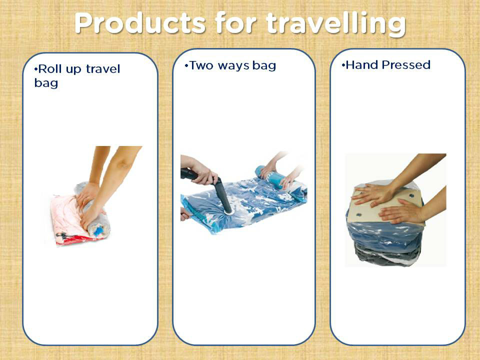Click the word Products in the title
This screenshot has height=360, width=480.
click(140, 22)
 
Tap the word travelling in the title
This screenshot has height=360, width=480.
click(336, 24)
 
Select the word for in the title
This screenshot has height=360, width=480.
click(235, 22)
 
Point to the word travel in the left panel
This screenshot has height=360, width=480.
click(103, 69)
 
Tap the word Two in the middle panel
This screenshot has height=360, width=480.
click(201, 65)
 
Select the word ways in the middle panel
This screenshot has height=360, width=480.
click(233, 66)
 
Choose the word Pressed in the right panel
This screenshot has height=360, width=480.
click(406, 64)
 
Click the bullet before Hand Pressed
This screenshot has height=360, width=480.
click(343, 65)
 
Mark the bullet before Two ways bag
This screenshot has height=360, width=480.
click(186, 65)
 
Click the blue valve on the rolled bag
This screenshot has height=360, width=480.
click(98, 230)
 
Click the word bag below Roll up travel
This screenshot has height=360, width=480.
click(46, 83)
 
